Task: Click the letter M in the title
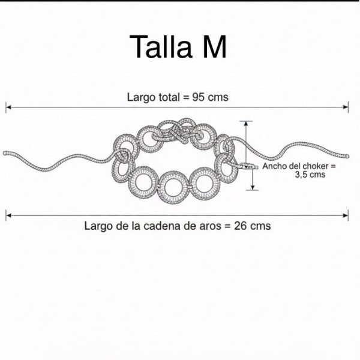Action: tap(215, 47)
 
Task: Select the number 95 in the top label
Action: tap(199, 97)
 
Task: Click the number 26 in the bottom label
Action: tap(241, 226)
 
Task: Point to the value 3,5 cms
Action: tap(310, 175)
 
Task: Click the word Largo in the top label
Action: tap(141, 97)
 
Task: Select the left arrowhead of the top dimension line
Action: tap(8, 107)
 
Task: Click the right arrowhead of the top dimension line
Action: tap(346, 107)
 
